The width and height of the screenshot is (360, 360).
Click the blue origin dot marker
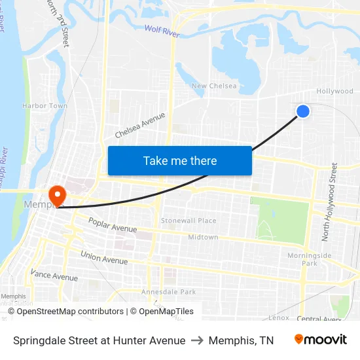tap(302, 111)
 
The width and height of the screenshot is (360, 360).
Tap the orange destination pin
tap(58, 195)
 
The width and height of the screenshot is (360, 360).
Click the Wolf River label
tap(161, 29)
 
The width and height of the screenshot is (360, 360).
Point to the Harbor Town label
tap(45, 105)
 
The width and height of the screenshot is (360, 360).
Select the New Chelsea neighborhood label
tap(214, 86)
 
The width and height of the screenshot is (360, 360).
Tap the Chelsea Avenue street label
tap(140, 124)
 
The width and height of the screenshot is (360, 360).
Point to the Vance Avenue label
tap(54, 276)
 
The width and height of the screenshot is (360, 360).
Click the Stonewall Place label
tap(189, 221)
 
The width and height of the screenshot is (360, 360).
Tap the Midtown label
tap(203, 237)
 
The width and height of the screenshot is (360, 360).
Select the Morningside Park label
tap(310, 259)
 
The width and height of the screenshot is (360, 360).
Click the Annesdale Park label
tap(169, 292)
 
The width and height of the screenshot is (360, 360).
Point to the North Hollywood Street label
tap(334, 201)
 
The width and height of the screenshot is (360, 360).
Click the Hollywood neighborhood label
tap(334, 92)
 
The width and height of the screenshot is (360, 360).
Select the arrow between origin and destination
tap(197, 340)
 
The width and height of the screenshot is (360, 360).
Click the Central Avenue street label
tap(319, 319)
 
